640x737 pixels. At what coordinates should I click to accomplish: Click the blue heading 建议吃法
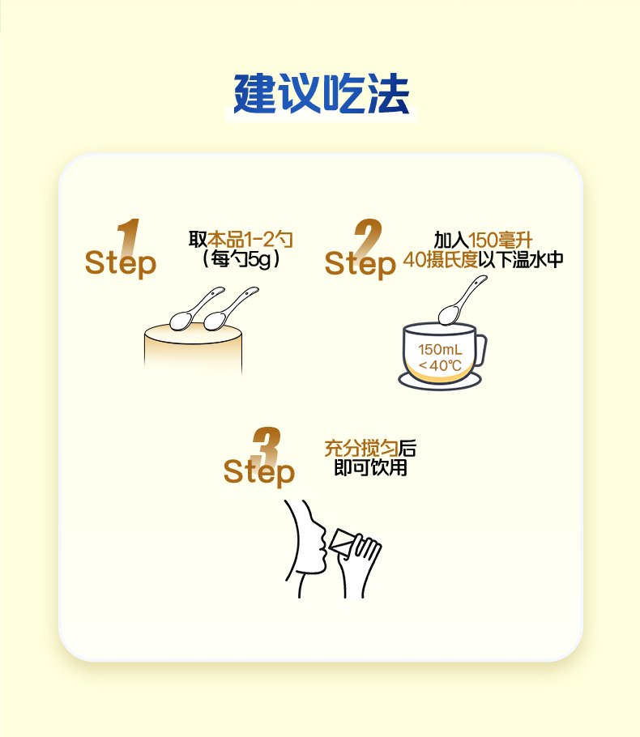(x=321, y=93)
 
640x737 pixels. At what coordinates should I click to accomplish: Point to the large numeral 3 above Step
(x=267, y=446)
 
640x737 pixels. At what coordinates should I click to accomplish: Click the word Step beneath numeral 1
(x=121, y=263)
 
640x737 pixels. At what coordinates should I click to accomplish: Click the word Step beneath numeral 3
(x=259, y=472)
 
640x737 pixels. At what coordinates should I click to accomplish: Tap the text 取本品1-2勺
(x=241, y=240)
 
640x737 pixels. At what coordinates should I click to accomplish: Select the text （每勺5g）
(x=241, y=259)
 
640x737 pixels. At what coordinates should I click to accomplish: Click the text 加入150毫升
(x=483, y=241)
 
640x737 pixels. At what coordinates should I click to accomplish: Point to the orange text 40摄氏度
(x=440, y=259)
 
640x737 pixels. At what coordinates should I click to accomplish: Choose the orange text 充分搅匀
(x=361, y=449)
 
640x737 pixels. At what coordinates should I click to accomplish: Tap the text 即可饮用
(x=370, y=467)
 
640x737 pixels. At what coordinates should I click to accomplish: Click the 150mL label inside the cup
(x=440, y=350)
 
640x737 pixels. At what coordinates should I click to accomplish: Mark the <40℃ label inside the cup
(x=440, y=366)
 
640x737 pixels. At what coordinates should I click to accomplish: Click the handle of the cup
(x=483, y=350)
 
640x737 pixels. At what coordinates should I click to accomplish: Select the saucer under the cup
(x=440, y=381)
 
